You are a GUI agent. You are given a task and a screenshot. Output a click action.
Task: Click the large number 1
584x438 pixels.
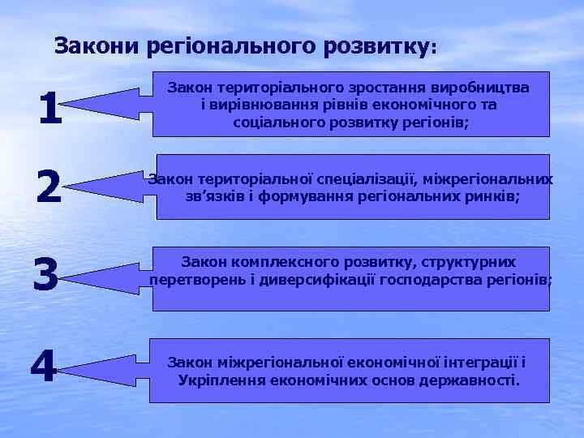tap(49, 109)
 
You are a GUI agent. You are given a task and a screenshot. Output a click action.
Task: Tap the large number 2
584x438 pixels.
tap(49, 189)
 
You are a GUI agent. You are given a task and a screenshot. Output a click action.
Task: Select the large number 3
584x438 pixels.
tap(45, 277)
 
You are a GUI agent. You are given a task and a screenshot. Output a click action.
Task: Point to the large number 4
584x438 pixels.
tap(44, 369)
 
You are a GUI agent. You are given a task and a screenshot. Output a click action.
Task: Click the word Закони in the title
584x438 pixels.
tap(99, 46)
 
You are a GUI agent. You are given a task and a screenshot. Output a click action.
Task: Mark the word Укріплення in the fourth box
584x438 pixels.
tap(217, 380)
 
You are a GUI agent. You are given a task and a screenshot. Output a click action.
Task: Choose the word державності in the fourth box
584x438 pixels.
tap(468, 380)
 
